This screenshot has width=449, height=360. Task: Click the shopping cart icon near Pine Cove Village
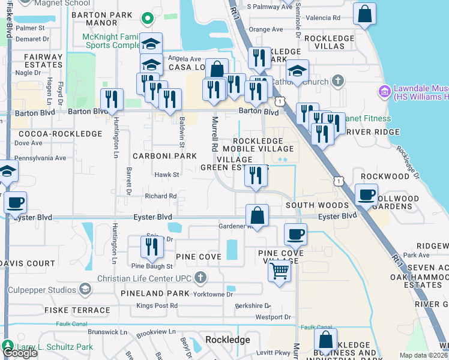click(x=279, y=271)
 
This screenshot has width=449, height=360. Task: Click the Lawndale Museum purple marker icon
click(x=384, y=92)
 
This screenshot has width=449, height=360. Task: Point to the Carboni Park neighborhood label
click(x=164, y=156)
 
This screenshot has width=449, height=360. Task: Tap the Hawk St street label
click(x=167, y=175)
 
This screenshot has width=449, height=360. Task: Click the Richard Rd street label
click(x=160, y=196)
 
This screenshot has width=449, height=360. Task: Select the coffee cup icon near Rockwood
click(x=367, y=194)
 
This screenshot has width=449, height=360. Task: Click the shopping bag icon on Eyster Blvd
click(x=257, y=215)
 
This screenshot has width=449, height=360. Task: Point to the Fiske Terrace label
click(x=77, y=311)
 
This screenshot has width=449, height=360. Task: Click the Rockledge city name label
click(x=228, y=340)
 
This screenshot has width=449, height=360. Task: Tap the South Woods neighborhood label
click(x=317, y=205)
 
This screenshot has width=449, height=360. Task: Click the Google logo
click(x=20, y=353)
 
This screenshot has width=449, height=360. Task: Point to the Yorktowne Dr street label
click(x=212, y=295)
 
